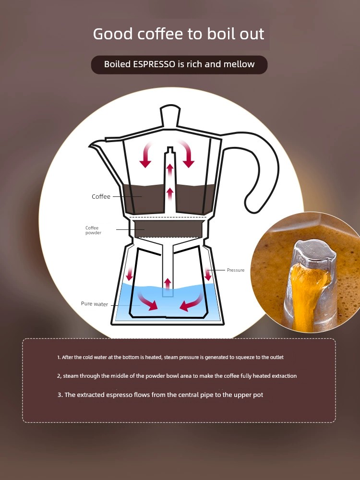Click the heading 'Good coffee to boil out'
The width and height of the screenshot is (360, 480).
coord(179,34)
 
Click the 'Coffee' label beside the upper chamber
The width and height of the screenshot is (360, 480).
coord(101,197)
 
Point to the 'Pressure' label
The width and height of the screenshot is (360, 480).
coord(236,270)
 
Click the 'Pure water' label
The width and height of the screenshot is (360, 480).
coord(95,304)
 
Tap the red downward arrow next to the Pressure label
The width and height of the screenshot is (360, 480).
coord(208,275)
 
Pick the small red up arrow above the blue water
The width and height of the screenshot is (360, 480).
coord(168,282)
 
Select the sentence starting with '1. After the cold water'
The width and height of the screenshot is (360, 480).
coord(174,358)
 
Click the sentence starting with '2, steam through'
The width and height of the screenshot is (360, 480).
coord(177,376)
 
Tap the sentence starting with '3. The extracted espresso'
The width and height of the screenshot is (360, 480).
coord(160,395)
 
